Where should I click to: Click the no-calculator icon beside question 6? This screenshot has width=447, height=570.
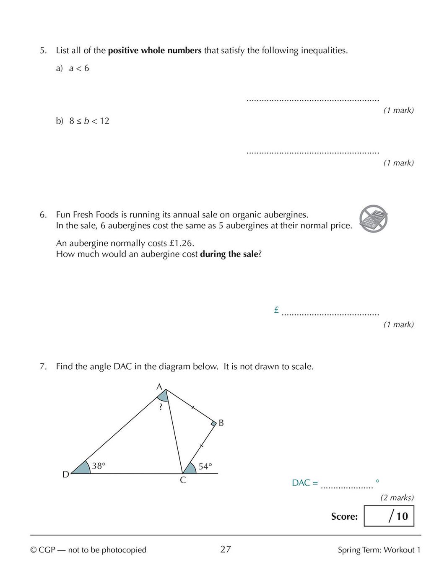pyautogui.click(x=373, y=219)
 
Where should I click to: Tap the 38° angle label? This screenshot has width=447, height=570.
pyautogui.click(x=99, y=466)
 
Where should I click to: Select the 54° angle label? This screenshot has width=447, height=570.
pyautogui.click(x=205, y=466)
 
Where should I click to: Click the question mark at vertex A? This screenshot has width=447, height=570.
pyautogui.click(x=161, y=407)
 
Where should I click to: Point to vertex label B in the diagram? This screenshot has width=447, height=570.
pyautogui.click(x=221, y=423)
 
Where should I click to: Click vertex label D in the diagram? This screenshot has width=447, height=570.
pyautogui.click(x=66, y=474)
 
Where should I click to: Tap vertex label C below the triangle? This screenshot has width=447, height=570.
pyautogui.click(x=183, y=480)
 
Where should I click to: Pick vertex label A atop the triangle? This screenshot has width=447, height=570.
pyautogui.click(x=159, y=387)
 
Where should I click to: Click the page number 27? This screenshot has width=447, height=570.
pyautogui.click(x=226, y=549)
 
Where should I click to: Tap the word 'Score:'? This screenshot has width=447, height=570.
pyautogui.click(x=344, y=516)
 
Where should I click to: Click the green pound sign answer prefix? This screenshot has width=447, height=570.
pyautogui.click(x=276, y=310)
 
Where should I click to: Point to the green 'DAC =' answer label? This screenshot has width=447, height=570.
pyautogui.click(x=305, y=483)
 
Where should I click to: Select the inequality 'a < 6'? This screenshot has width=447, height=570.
pyautogui.click(x=79, y=68)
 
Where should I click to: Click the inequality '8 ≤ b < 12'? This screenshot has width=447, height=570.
pyautogui.click(x=89, y=121)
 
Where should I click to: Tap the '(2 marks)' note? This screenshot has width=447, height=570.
pyautogui.click(x=397, y=497)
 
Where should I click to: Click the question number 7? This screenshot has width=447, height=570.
pyautogui.click(x=43, y=366)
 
